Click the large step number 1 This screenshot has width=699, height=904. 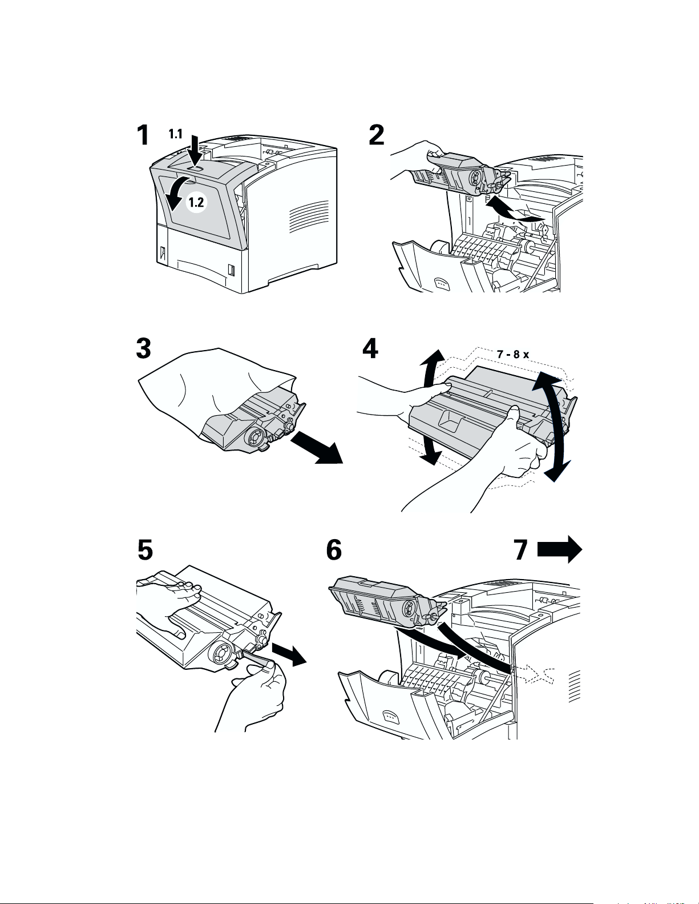[x=143, y=135]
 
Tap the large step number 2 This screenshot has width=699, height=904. [x=377, y=135]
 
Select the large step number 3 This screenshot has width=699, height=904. [x=143, y=348]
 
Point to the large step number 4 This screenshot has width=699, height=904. [x=370, y=348]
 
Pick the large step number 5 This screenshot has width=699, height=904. [x=145, y=549]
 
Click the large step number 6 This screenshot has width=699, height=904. [x=334, y=549]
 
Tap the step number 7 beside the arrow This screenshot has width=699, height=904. [x=521, y=549]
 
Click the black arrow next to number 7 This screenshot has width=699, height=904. [x=559, y=549]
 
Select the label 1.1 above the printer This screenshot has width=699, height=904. [x=175, y=134]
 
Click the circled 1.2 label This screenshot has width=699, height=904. [x=196, y=202]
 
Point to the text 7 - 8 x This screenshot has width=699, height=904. [x=513, y=355]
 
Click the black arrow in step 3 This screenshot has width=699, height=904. [x=317, y=447]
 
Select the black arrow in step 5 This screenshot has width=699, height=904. [x=289, y=654]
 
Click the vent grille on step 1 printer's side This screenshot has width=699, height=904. [x=308, y=216]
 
